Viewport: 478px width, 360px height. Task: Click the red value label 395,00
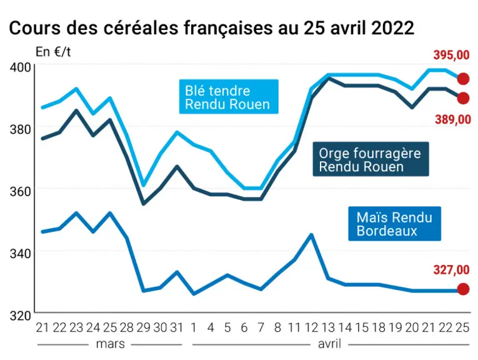coord(451,55)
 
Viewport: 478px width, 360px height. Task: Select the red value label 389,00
coord(453,119)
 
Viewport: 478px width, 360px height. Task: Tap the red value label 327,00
coord(451,270)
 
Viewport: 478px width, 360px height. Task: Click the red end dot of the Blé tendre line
coord(463,79)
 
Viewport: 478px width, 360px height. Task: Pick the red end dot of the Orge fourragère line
coord(463,98)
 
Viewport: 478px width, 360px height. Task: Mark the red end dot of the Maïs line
coord(463,289)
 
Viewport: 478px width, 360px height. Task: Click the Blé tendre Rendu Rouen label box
coord(229,97)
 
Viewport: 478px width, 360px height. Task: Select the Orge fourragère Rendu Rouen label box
coord(371,159)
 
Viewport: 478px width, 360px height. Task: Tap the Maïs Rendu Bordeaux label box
coord(394,224)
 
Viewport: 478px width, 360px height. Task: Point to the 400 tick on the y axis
coord(21,67)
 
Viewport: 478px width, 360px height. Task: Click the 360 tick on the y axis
coord(21,191)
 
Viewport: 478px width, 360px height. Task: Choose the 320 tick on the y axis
coord(21,316)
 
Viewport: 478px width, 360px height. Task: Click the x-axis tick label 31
coord(177,327)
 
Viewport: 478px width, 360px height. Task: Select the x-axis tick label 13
coord(328,327)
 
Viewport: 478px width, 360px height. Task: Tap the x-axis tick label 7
coord(261,327)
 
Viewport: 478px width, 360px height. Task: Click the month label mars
coord(111,344)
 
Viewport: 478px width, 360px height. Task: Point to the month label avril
coord(329,344)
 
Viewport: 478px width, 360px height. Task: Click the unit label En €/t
coord(53,52)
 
